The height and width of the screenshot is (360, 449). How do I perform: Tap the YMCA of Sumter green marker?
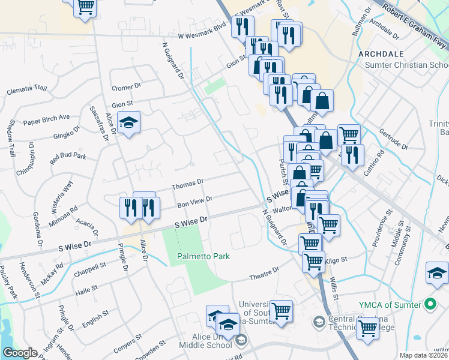[430, 304]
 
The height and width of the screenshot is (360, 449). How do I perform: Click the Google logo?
[20, 352]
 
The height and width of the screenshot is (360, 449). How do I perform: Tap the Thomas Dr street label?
[188, 184]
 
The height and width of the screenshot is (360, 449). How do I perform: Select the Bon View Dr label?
[195, 202]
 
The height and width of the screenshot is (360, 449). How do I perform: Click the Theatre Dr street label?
[265, 275]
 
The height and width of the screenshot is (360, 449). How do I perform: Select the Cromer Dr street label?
[126, 86]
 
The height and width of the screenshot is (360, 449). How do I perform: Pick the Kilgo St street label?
[333, 262]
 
